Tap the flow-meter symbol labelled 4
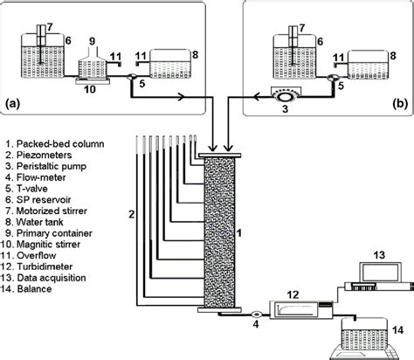coord(257,315)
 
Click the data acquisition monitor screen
coord(380,272)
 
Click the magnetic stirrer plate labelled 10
coord(93,81)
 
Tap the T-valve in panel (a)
coord(132,77)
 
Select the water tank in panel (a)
coord(170,64)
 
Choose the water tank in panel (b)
coord(369,65)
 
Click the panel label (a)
coord(13,104)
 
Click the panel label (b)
coord(400,104)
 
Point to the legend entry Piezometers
coord(38,155)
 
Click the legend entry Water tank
coord(34,222)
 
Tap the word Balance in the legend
coord(35,289)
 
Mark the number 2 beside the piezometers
coord(132,215)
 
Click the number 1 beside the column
coord(239,233)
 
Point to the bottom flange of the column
coord(219,310)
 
